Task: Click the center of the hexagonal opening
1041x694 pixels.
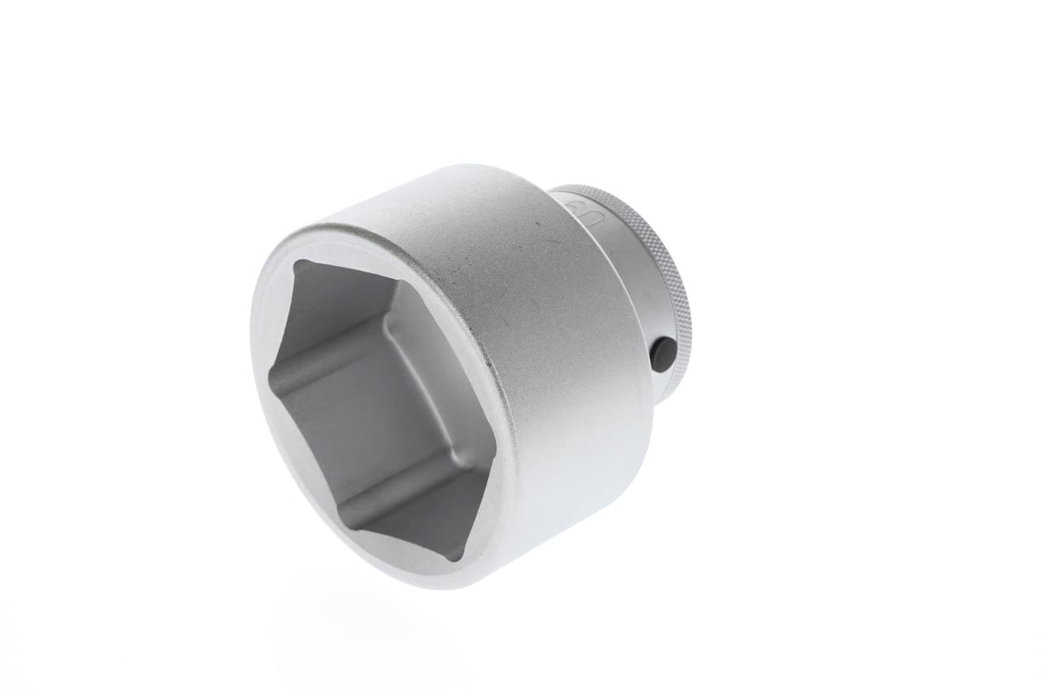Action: (374, 407)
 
